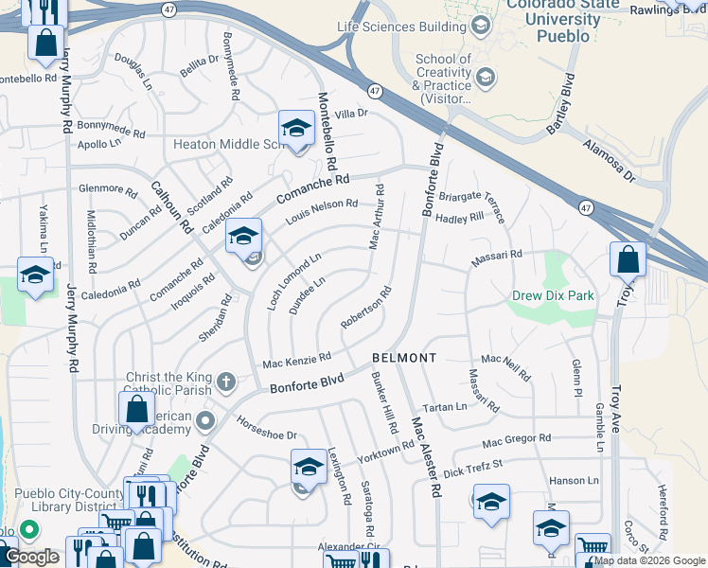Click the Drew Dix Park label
(553, 295)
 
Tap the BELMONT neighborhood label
(404, 358)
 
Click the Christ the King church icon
(225, 382)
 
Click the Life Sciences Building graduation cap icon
(481, 25)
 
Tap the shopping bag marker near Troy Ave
(628, 258)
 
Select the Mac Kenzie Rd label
(296, 360)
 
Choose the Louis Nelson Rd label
(322, 212)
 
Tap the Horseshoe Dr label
(266, 429)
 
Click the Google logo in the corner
(32, 557)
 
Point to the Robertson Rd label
(365, 309)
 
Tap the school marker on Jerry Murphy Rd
(35, 275)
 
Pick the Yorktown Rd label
(385, 451)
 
